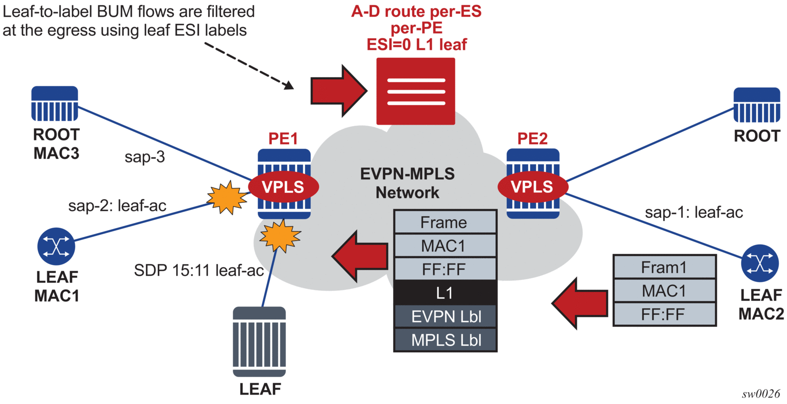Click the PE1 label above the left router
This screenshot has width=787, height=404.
point(283,138)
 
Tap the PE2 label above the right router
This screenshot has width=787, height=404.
point(532,138)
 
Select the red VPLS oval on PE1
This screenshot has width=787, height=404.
point(283,187)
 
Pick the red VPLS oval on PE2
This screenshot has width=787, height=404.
point(533,187)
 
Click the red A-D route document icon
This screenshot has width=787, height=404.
point(416,91)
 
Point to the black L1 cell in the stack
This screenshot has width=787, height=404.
point(445,293)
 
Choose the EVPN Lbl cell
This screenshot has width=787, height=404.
point(445,316)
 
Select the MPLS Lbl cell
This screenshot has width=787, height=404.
point(445,340)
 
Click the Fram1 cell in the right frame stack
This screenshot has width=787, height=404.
point(664,268)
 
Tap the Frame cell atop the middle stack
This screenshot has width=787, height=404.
point(445,222)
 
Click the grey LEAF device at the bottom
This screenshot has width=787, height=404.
point(259,342)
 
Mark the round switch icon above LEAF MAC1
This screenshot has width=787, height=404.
point(56,246)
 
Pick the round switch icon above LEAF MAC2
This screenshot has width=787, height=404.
point(760,263)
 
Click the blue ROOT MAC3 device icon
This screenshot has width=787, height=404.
point(55,104)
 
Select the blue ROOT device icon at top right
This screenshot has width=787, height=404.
point(757,105)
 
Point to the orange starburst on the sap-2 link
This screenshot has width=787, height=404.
point(227,197)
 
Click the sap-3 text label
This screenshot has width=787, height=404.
point(144,157)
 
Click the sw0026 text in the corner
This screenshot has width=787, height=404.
point(761,394)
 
